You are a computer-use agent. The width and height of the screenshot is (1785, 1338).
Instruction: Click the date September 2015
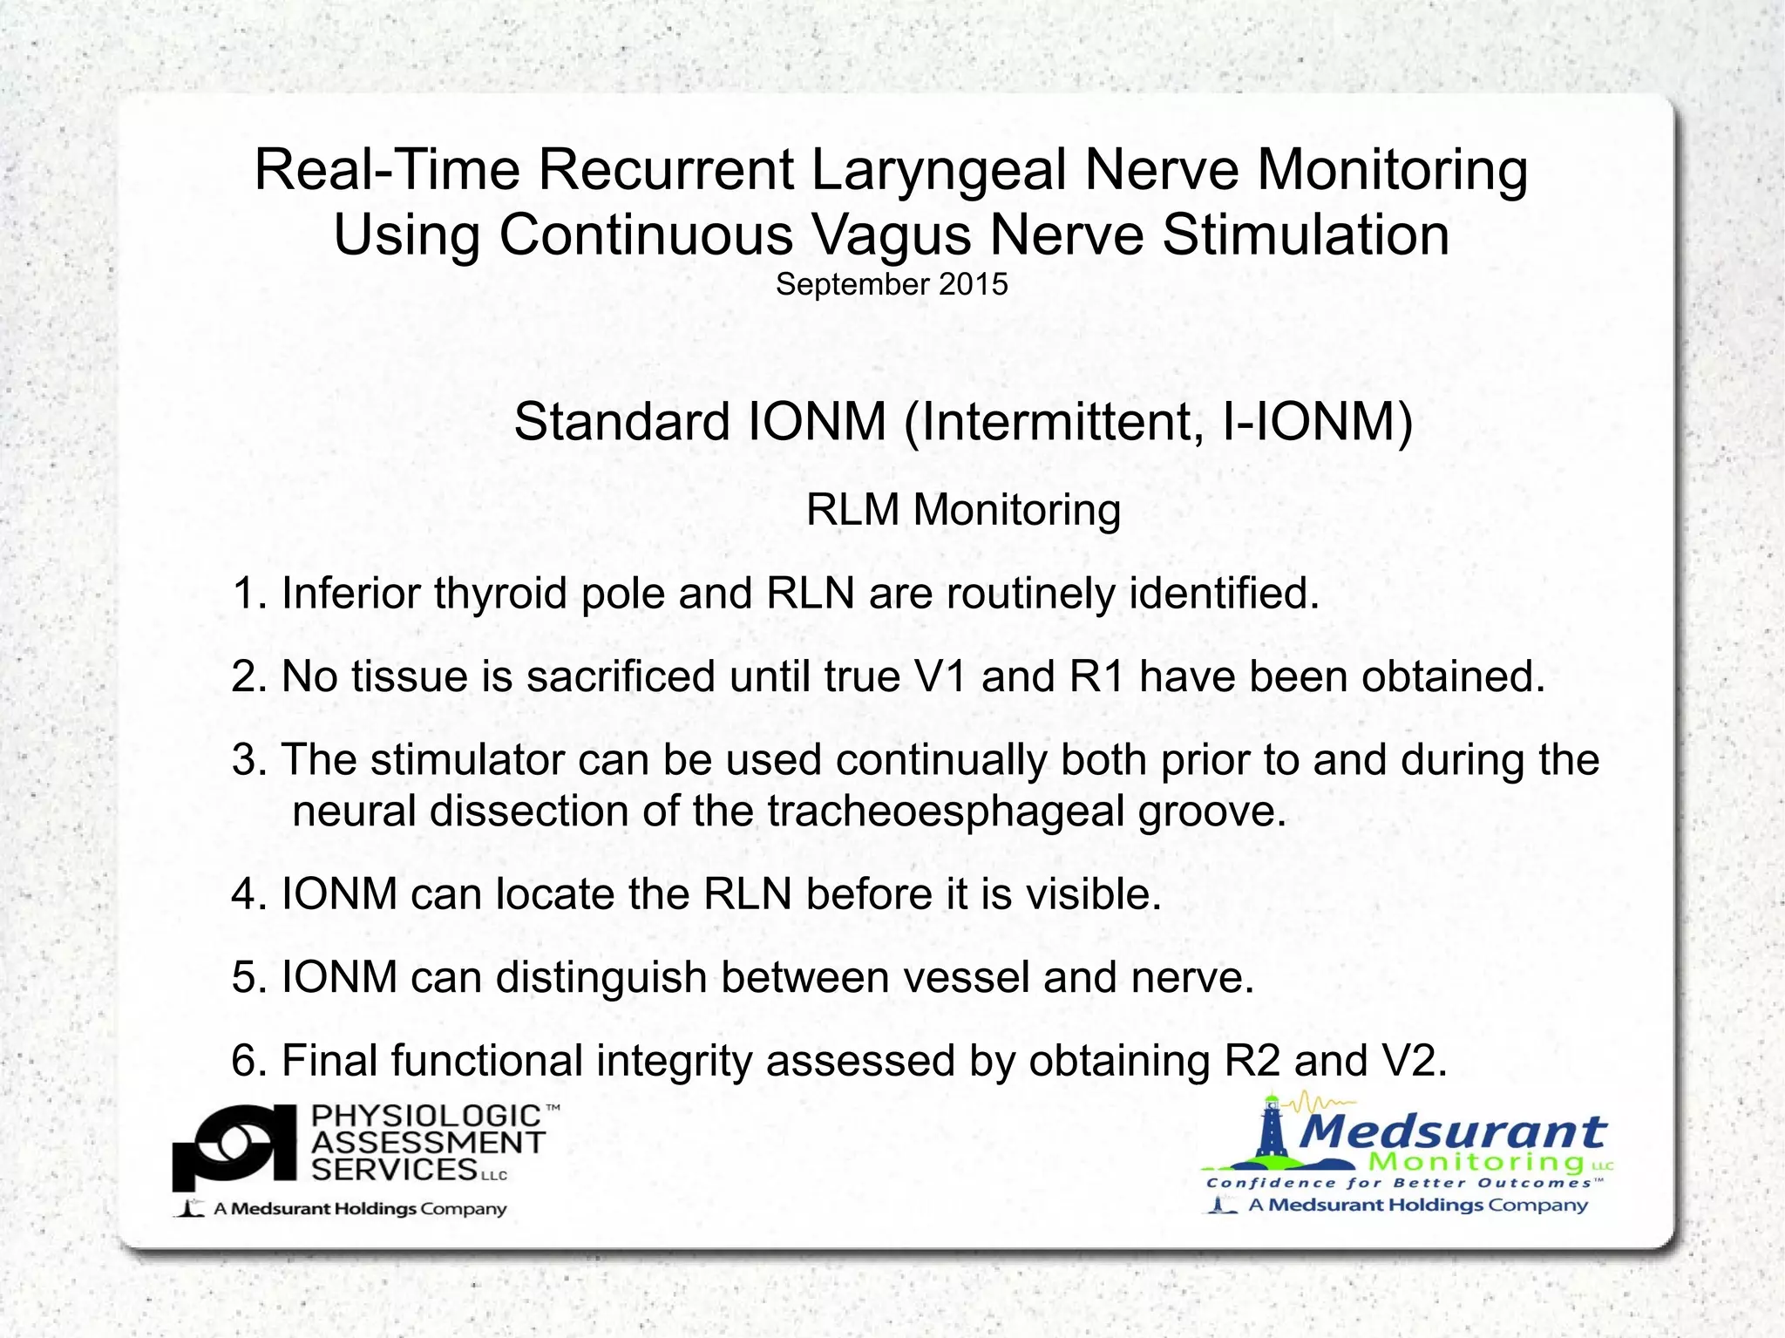(892, 285)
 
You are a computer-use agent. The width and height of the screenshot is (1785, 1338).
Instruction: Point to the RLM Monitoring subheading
(963, 510)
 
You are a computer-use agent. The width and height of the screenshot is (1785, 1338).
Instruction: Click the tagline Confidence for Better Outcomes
(1403, 1184)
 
